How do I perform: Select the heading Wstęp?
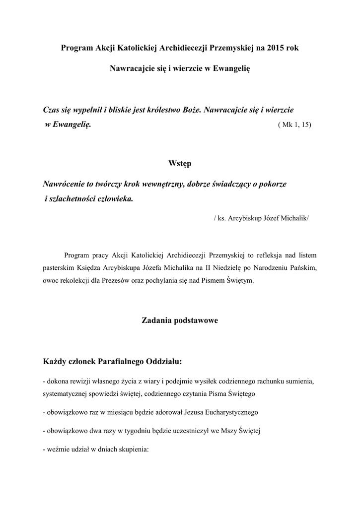pos(180,164)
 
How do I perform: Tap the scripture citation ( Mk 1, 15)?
pos(295,125)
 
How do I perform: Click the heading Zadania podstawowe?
pos(180,320)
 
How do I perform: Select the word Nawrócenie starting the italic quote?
pos(64,184)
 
